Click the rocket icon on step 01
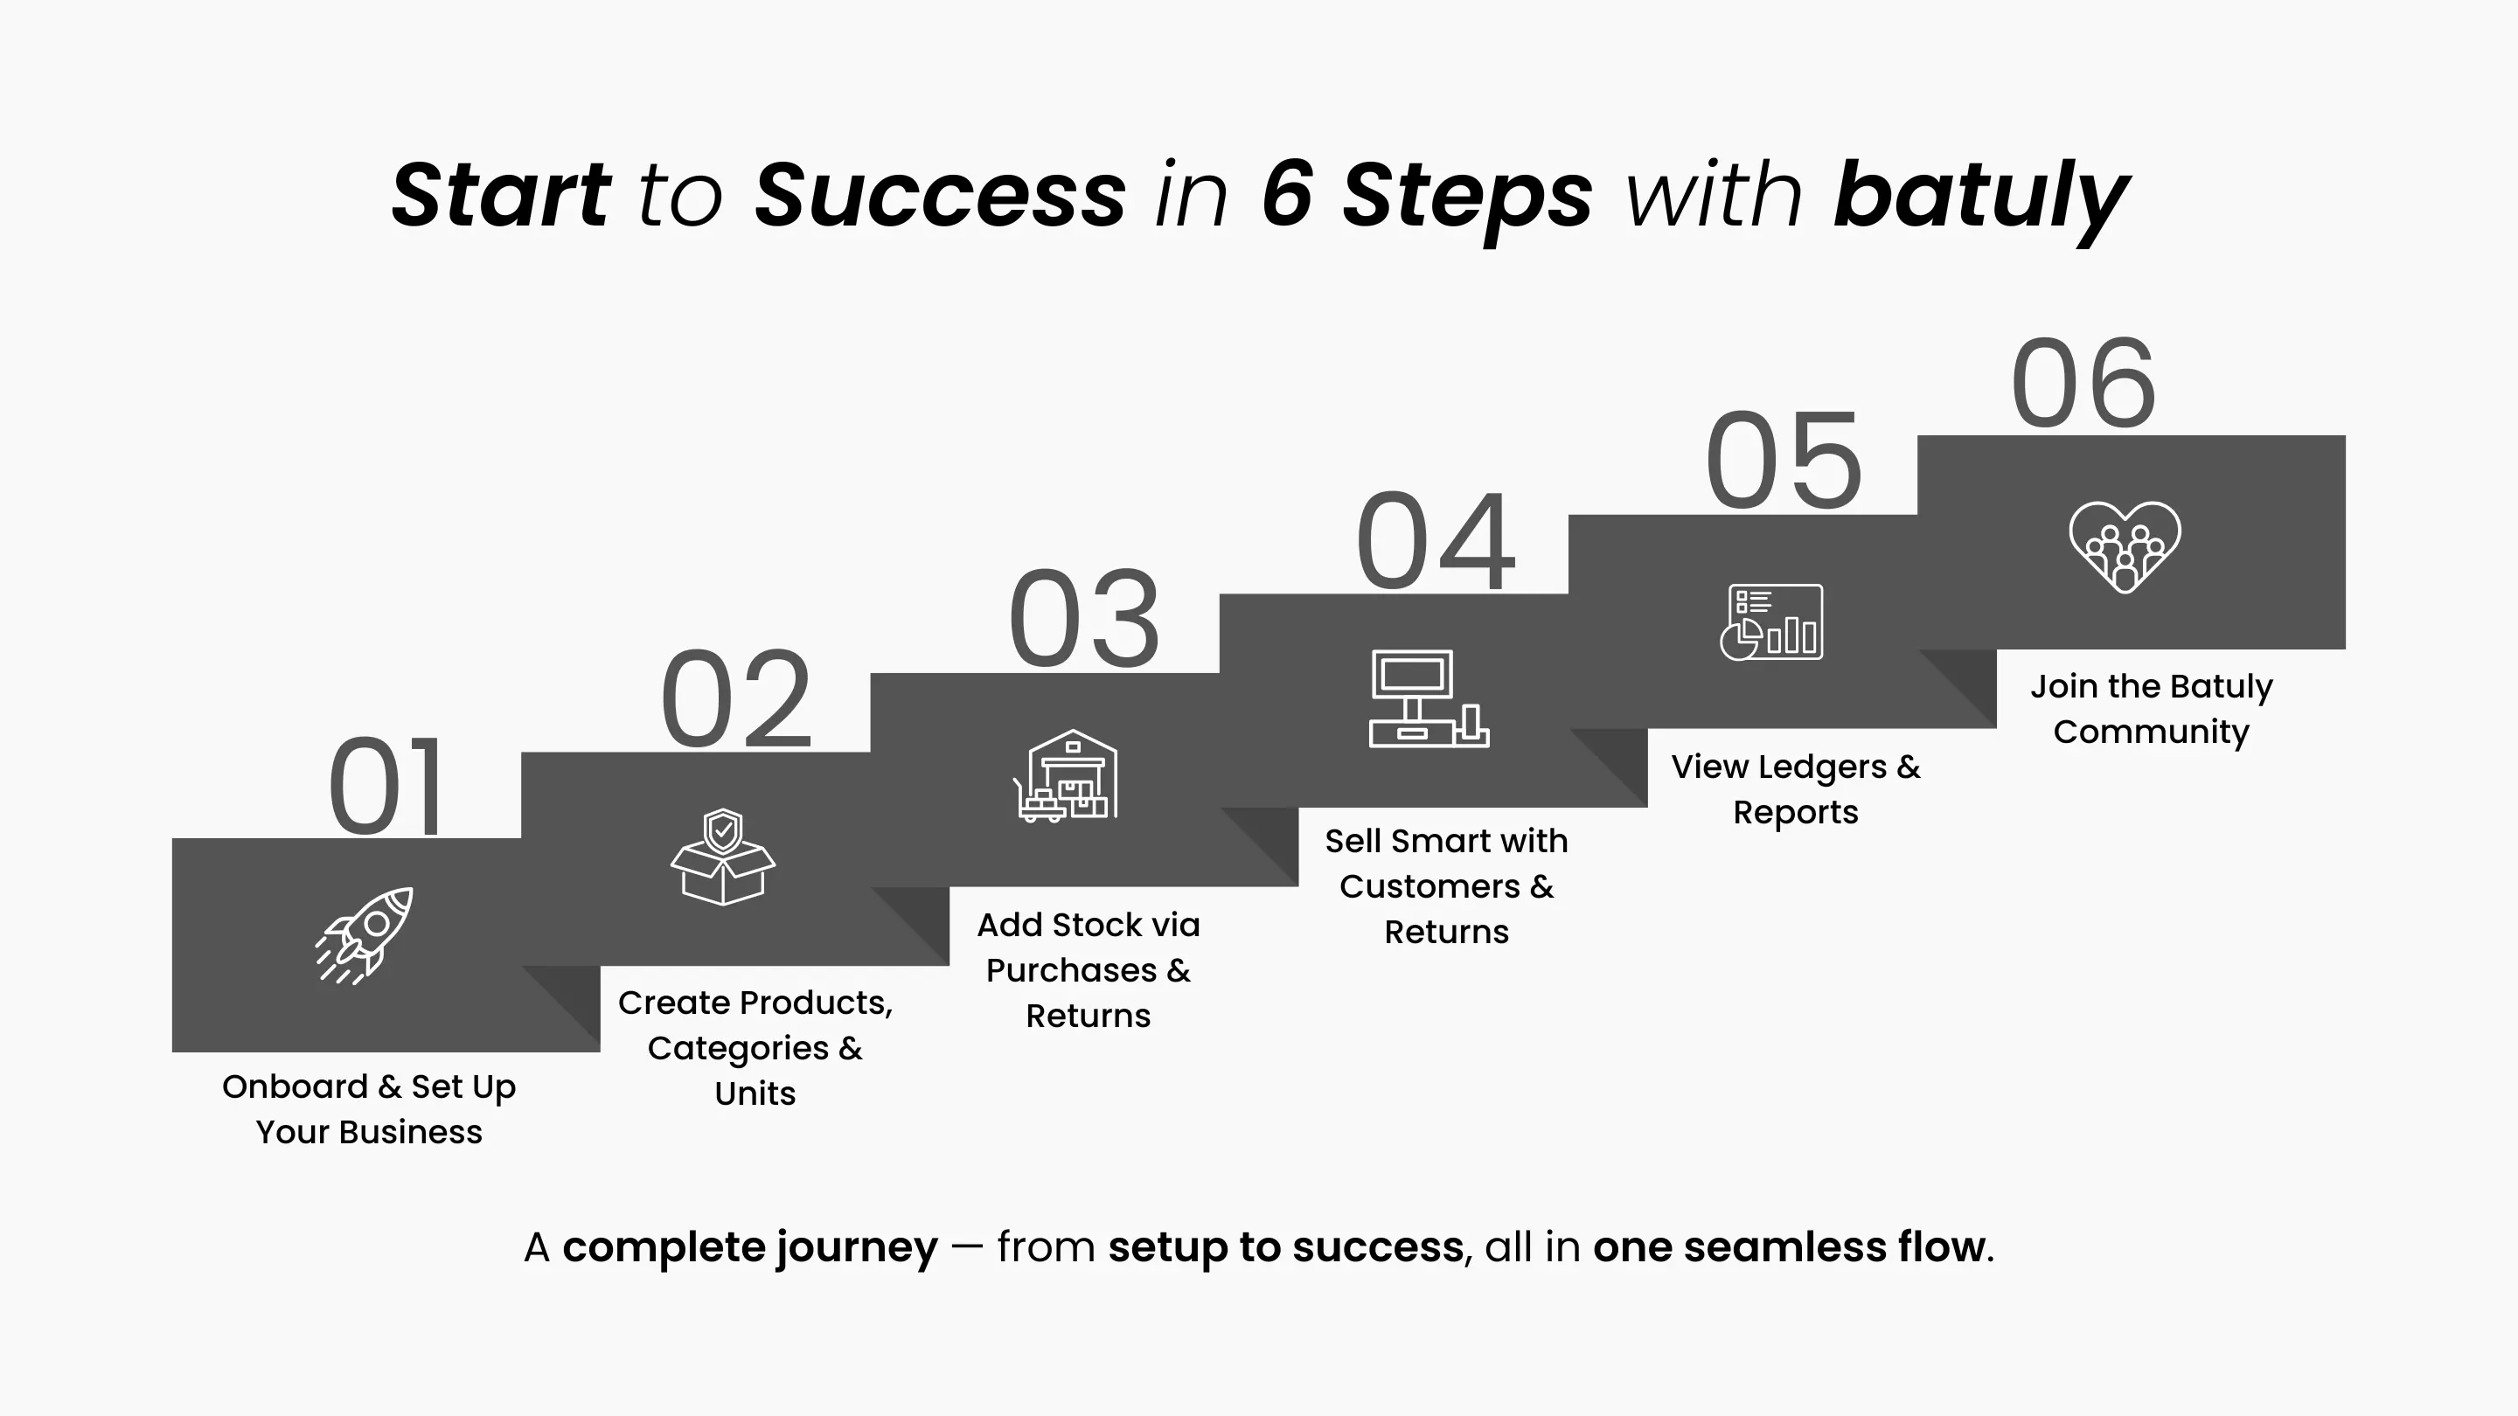pos(364,935)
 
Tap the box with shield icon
pos(722,857)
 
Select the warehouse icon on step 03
pos(1066,776)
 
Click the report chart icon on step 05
pos(1771,622)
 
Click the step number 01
pos(386,787)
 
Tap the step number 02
pos(736,699)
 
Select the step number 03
pos(1084,620)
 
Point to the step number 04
pos(1435,540)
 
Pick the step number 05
pos(1784,462)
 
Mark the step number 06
pos(2083,382)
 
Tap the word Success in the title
pos(941,194)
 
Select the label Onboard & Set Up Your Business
pos(370,1109)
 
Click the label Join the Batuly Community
pos(2152,709)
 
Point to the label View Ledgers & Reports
pos(1796,789)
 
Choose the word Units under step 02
pos(755,1093)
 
